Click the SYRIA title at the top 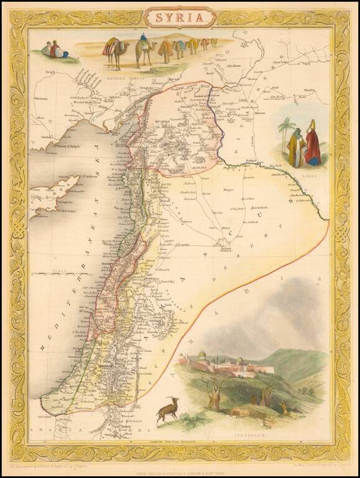pyautogui.click(x=180, y=17)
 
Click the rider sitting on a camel pyautogui.click(x=144, y=40)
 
